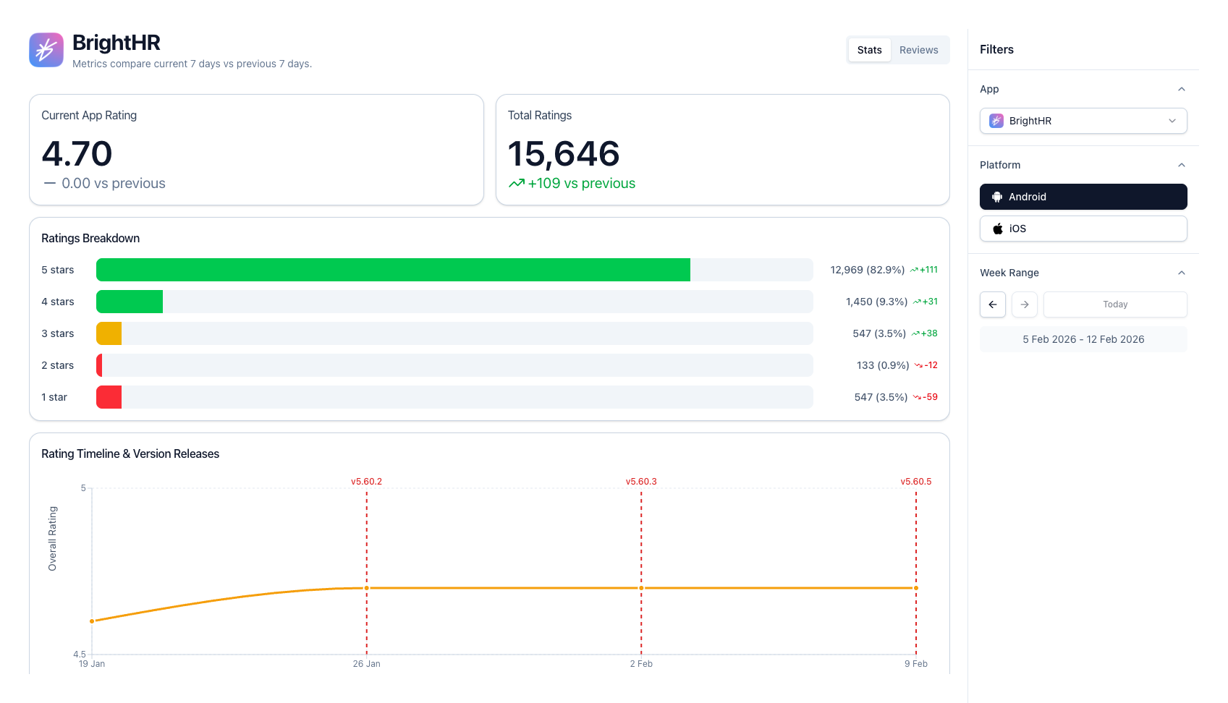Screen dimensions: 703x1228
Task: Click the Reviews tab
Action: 918,50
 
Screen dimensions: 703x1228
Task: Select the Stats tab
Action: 869,50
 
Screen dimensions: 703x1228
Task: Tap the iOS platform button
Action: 1083,229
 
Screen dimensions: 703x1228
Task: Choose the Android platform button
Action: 1083,197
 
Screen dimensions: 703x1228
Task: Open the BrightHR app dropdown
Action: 1083,121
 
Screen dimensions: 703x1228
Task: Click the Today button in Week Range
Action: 1114,304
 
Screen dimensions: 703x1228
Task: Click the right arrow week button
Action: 1024,304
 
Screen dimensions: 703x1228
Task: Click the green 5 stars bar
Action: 393,270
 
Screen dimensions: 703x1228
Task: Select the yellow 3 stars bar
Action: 109,333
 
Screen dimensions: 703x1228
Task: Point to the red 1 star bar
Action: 109,397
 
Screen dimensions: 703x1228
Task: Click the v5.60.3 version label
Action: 641,482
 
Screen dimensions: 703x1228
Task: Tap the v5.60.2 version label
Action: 366,482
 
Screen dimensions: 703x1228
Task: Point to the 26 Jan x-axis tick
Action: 366,664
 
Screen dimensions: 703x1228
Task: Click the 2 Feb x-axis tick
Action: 641,664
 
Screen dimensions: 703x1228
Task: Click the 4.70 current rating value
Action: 77,154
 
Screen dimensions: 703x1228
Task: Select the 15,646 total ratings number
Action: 564,154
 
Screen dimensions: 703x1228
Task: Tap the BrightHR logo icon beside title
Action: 46,50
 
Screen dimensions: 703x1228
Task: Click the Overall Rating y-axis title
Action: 52,539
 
